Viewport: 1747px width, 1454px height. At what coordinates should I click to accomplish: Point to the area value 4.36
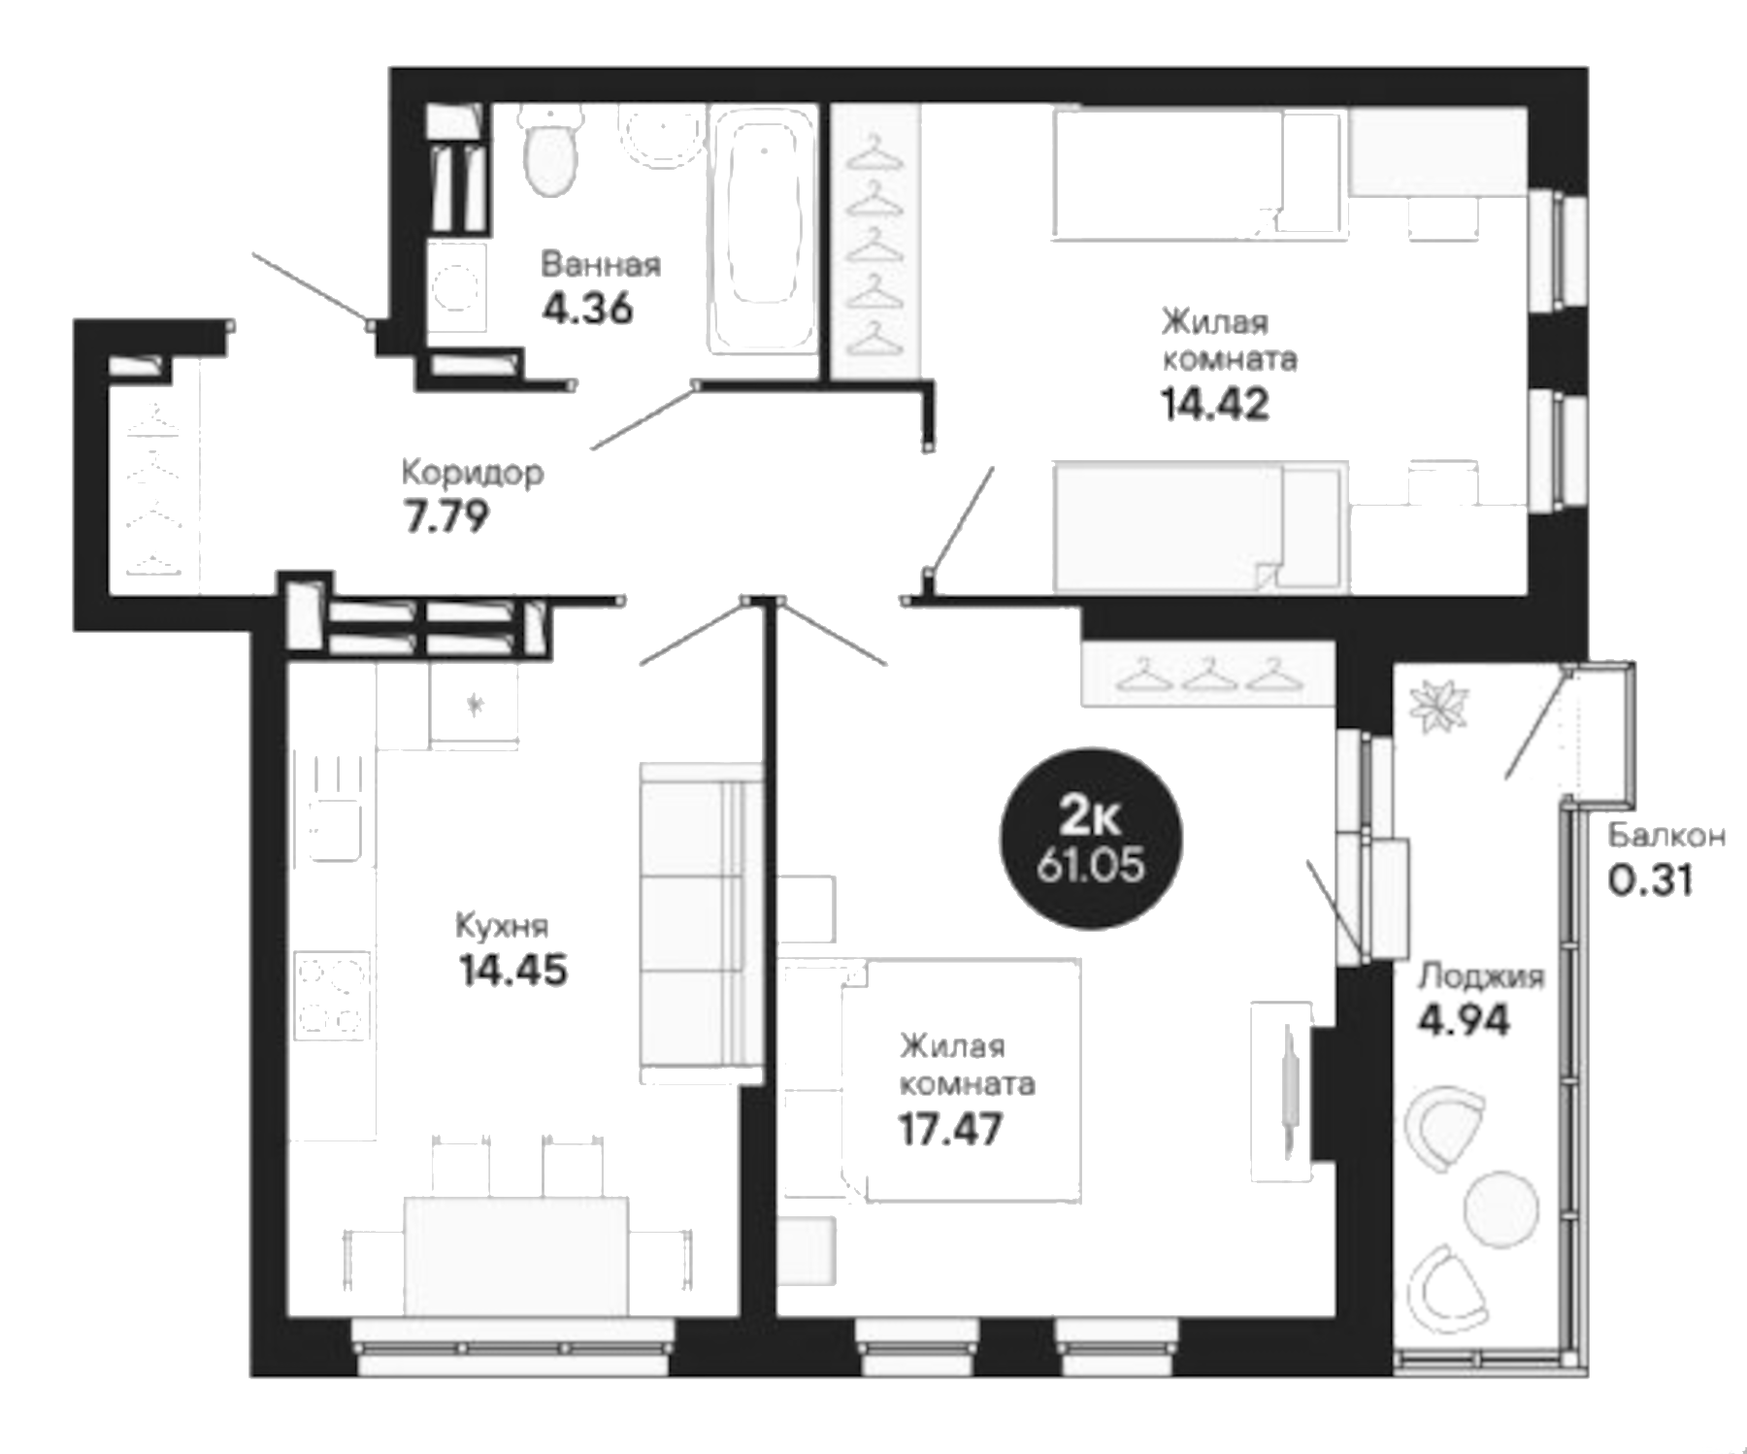(587, 309)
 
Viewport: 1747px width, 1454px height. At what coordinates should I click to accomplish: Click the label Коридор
(473, 473)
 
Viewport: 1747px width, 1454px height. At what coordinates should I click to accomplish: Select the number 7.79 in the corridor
(446, 517)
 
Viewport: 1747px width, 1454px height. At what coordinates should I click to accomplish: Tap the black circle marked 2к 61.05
(1091, 839)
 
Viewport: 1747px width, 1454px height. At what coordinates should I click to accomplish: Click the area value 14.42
(1215, 404)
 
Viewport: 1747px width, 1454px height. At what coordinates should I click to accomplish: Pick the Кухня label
(502, 925)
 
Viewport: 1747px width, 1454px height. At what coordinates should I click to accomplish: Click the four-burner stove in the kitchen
(332, 995)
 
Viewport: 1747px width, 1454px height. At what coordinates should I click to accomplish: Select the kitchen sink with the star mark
(475, 706)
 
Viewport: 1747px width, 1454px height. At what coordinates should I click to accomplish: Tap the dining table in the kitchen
(515, 1255)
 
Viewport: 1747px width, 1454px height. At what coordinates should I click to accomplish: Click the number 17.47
(950, 1129)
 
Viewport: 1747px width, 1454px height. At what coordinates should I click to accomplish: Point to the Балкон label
(1666, 835)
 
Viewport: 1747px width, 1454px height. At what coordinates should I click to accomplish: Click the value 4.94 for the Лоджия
(1464, 1020)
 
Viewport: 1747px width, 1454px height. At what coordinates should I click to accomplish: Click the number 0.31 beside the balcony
(1650, 880)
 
